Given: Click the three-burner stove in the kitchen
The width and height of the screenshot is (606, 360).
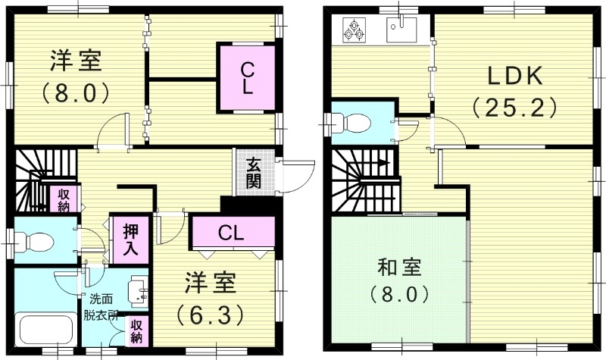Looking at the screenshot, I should pos(354,29).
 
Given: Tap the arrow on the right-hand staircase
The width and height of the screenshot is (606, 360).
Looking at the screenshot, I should pos(385,161).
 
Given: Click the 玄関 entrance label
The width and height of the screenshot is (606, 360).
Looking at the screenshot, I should pos(253,174).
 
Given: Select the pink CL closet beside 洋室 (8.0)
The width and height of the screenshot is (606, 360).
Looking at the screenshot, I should pos(246,78).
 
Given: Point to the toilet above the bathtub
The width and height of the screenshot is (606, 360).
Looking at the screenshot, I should pos(36,241).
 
